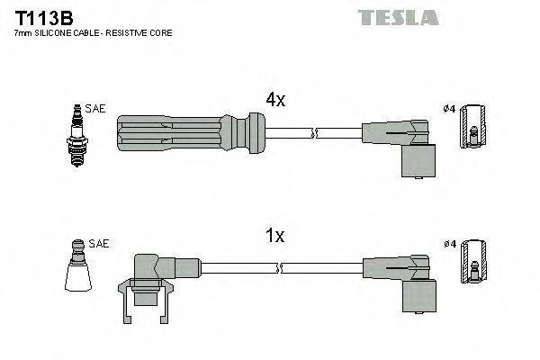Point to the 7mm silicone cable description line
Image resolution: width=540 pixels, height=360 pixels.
click(x=94, y=32)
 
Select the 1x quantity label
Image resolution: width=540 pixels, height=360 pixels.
click(x=274, y=237)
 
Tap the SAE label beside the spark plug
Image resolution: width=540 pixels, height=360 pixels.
click(x=96, y=108)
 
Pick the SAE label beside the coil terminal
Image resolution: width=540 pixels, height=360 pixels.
click(x=99, y=244)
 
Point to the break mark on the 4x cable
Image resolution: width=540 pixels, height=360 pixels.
click(x=314, y=134)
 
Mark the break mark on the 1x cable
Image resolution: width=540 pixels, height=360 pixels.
click(x=282, y=267)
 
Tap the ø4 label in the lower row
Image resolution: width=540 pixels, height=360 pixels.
click(x=449, y=244)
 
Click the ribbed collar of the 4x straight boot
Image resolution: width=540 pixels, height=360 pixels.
click(x=251, y=134)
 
